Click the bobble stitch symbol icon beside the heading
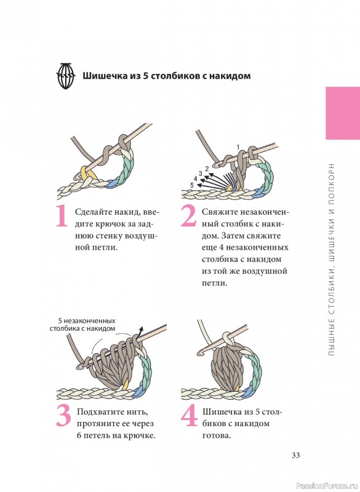66,76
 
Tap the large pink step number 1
62,216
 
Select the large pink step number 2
188,216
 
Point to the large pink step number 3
64,416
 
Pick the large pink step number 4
190,416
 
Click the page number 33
295,455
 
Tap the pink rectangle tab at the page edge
343,113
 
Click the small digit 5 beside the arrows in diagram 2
192,185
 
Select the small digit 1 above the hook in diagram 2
238,147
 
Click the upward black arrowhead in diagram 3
141,329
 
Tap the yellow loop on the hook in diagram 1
85,173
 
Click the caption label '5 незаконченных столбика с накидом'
83,325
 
